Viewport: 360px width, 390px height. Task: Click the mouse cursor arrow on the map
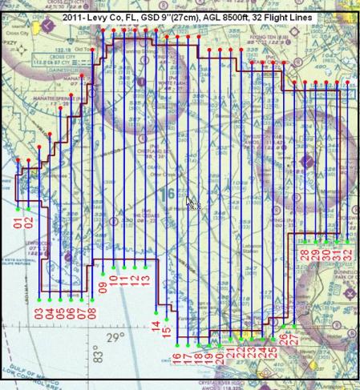point(191,203)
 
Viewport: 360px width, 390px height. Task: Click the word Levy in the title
point(111,7)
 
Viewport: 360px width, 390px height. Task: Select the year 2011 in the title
point(84,7)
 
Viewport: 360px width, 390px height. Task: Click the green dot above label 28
point(305,240)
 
